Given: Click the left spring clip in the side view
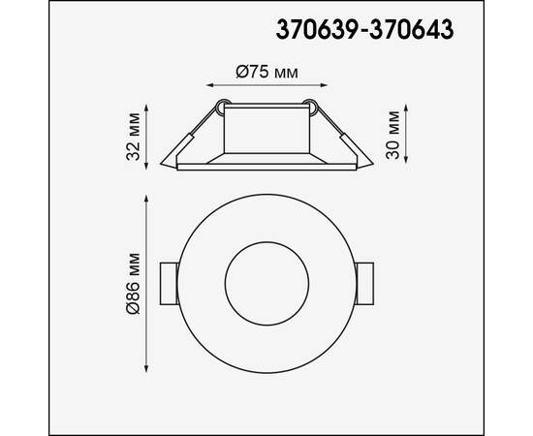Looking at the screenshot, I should point(181,145).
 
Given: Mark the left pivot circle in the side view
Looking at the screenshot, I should point(222,106).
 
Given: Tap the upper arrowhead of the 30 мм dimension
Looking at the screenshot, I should point(405,99).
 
